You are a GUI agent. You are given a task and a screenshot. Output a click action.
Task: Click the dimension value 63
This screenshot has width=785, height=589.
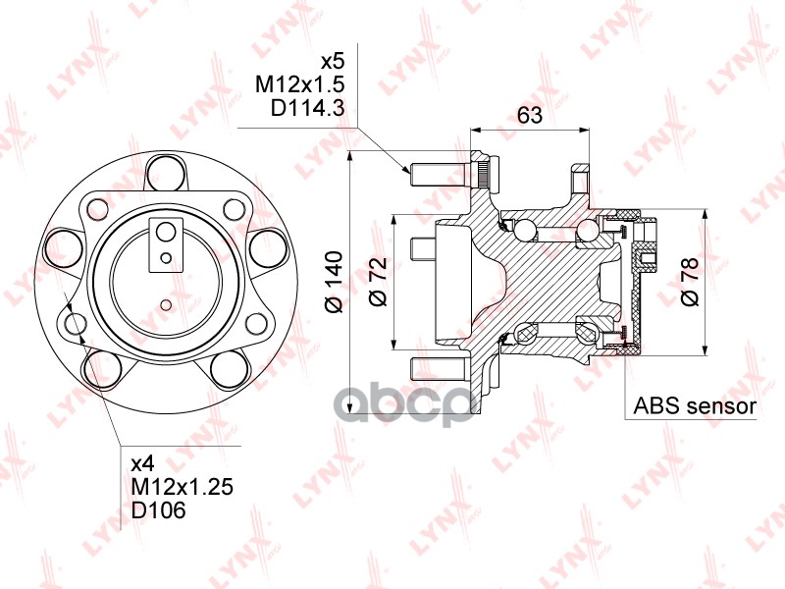tap(530, 115)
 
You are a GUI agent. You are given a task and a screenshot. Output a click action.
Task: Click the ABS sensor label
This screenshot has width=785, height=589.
tap(695, 405)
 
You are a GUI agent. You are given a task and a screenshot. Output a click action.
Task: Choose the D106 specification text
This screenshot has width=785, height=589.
tap(157, 510)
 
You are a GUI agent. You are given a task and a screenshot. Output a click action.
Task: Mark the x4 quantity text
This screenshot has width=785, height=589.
tap(143, 461)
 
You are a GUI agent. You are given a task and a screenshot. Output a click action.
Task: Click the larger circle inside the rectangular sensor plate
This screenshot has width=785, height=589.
tap(166, 232)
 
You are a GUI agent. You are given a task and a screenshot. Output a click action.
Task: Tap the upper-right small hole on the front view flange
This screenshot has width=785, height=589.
tap(234, 208)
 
